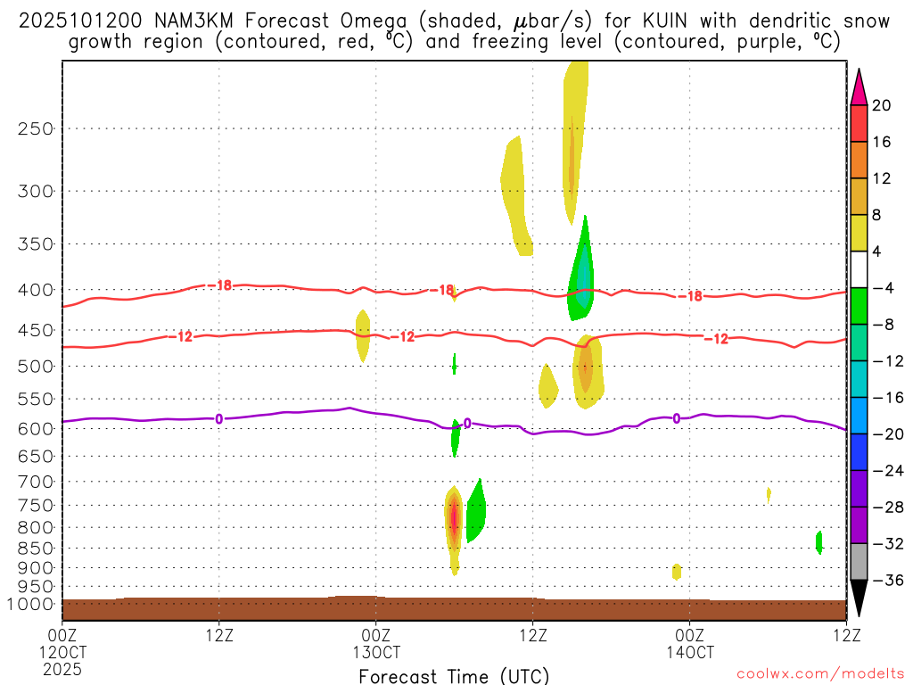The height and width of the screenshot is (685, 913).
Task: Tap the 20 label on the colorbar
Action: click(881, 105)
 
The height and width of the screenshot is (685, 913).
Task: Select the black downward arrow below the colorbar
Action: click(859, 598)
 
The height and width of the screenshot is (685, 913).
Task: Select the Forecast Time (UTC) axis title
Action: click(454, 676)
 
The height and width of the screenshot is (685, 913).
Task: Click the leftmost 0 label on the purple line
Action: click(219, 418)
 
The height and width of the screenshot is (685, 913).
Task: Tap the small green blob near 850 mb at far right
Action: click(818, 541)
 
